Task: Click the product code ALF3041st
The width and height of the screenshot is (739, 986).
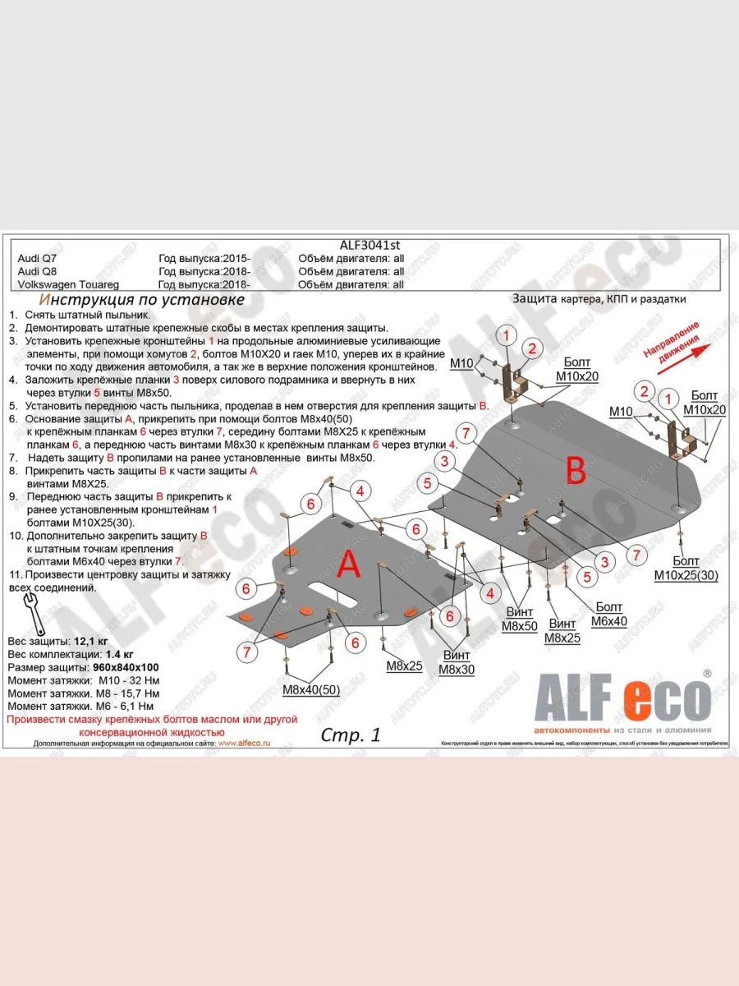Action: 369,244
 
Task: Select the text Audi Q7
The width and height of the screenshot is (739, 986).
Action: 37,258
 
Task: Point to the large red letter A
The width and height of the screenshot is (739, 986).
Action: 349,565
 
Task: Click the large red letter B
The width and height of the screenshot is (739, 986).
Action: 576,471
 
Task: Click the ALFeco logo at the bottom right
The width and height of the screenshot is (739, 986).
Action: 622,701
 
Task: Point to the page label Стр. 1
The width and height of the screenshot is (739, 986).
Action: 350,735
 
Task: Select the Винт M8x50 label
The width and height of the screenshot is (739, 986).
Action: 519,619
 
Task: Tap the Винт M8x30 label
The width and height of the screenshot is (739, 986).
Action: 456,662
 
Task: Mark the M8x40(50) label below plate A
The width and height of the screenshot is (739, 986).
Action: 311,690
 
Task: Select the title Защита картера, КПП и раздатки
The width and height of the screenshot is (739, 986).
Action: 599,299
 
